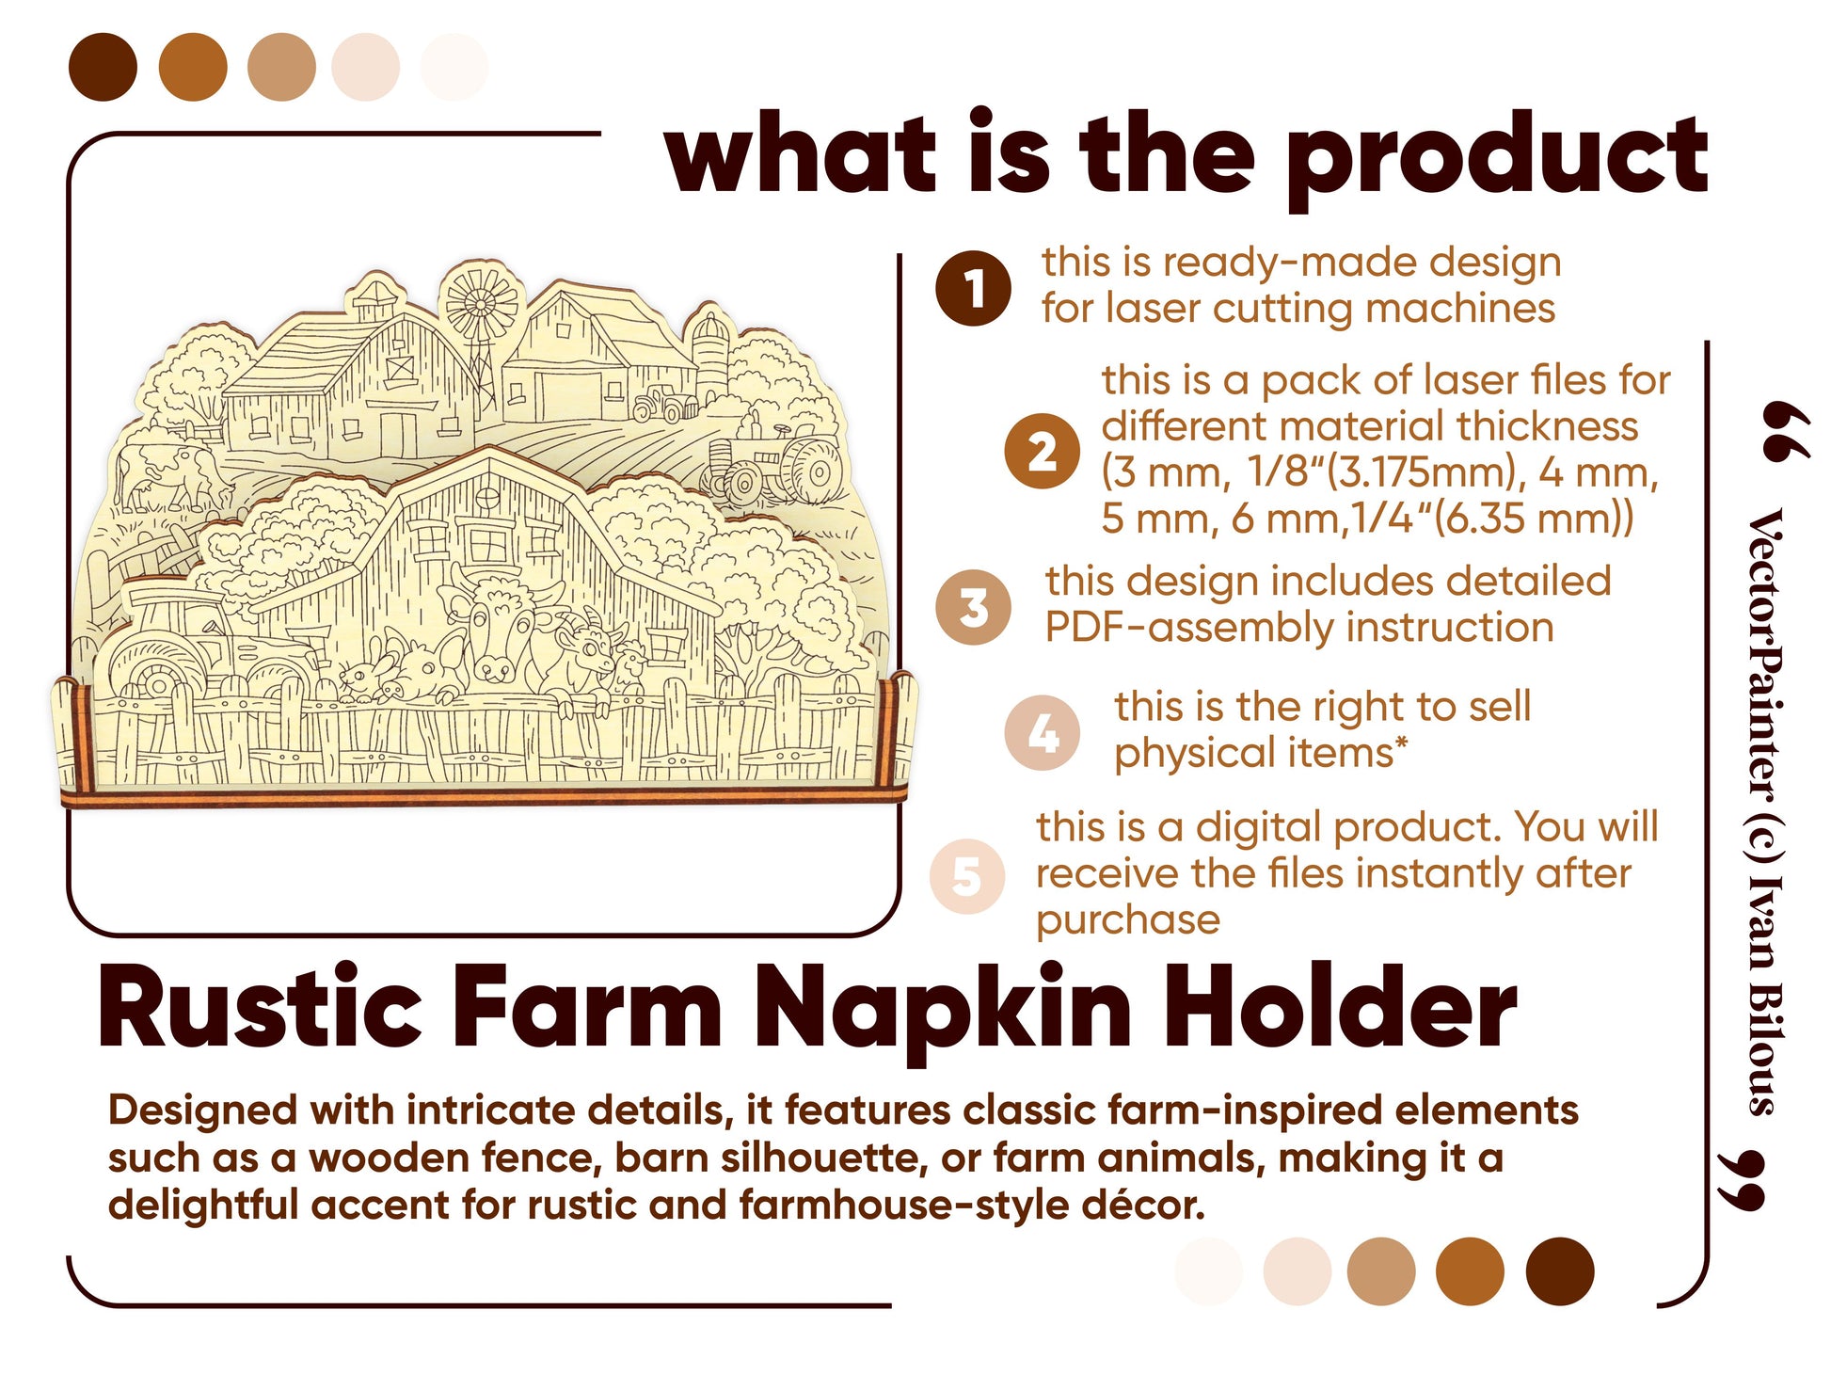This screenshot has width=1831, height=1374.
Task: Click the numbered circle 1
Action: coord(973,289)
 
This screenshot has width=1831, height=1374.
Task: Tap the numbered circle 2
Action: coord(1042,452)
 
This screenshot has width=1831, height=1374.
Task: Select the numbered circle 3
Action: coord(973,607)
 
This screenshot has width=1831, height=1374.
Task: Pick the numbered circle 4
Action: coord(1042,733)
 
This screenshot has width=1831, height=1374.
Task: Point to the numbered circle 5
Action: coord(967,876)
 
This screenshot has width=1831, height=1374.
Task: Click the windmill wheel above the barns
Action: coord(482,303)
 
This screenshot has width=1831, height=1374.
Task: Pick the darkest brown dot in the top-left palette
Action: coord(103,67)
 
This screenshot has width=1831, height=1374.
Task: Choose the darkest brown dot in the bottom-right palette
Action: coord(1560,1271)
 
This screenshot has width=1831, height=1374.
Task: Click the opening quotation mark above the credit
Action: coord(1785,432)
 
